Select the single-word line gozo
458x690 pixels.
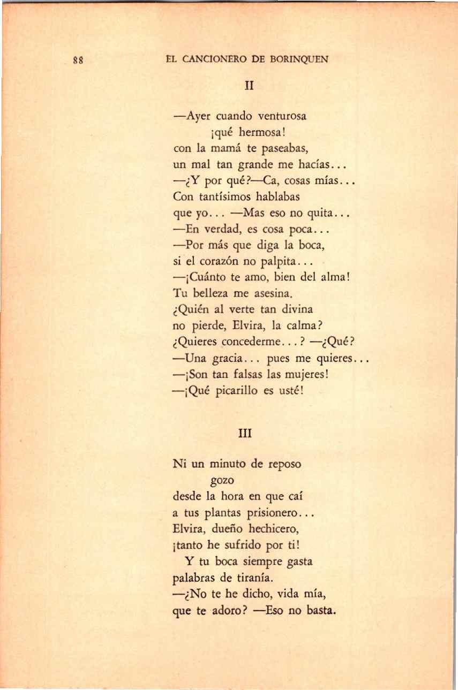click(x=220, y=480)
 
